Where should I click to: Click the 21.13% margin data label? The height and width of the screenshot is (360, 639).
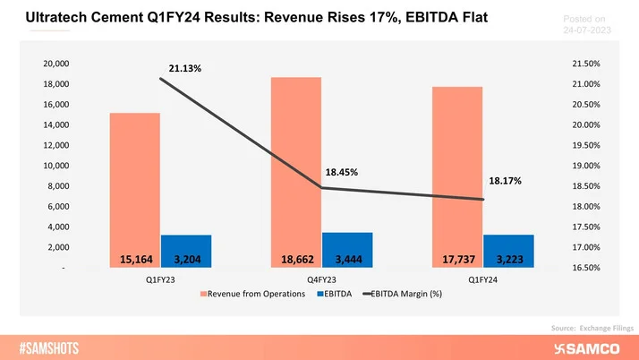183,68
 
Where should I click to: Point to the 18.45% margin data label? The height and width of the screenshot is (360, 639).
342,172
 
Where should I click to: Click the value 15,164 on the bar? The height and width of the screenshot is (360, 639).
136,260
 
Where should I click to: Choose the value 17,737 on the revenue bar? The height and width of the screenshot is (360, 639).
457,260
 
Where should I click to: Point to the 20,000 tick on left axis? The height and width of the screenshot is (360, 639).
56,64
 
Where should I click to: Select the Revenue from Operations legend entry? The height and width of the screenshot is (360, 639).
252,295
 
